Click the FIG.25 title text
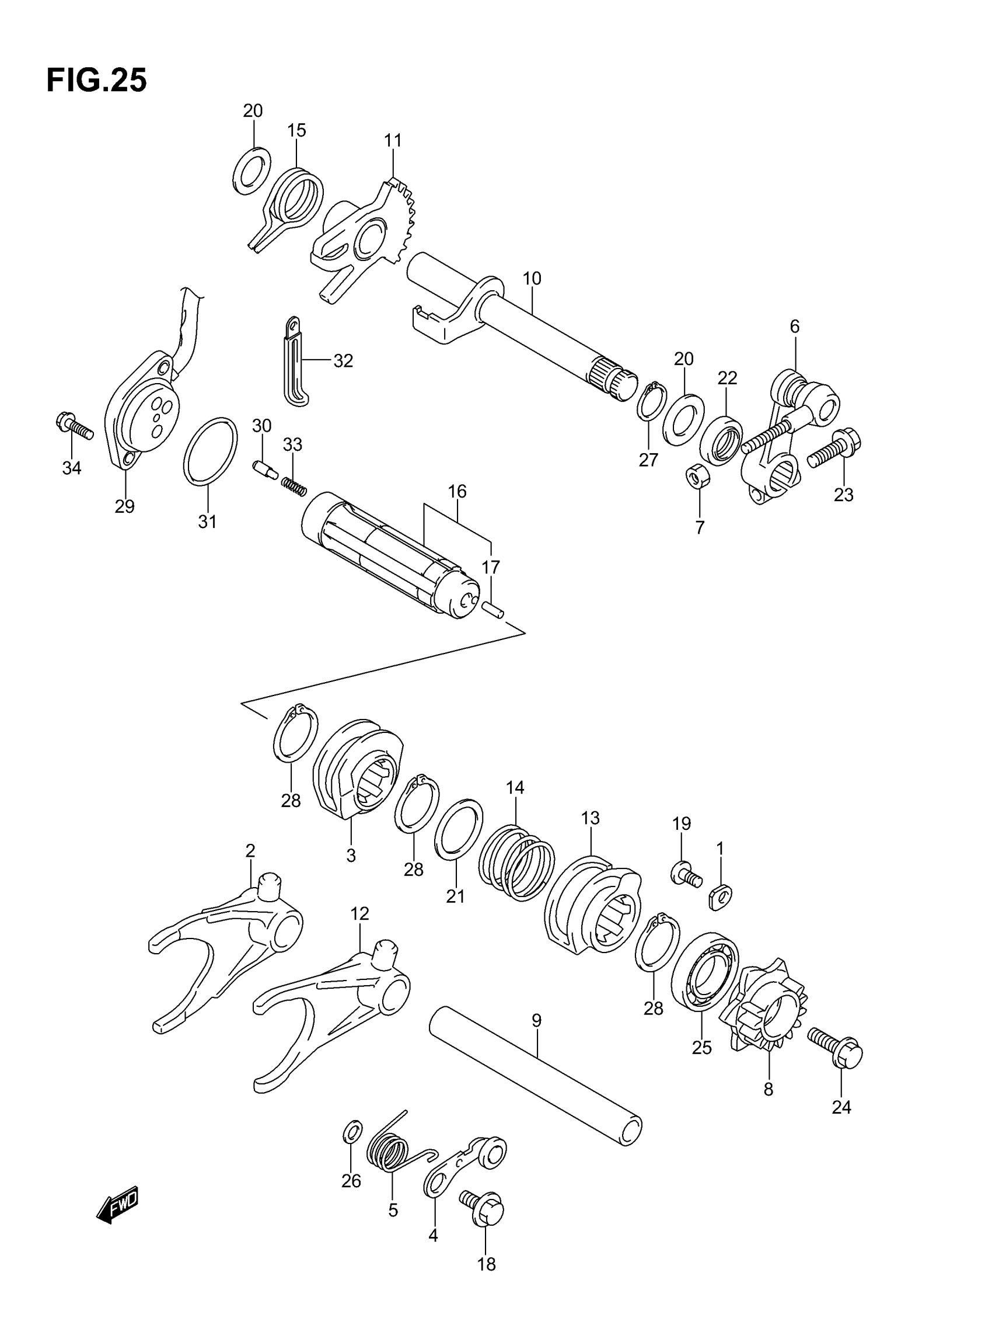click(x=96, y=81)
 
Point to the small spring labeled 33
click(x=294, y=486)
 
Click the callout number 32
click(x=343, y=361)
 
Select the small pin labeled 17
click(x=493, y=610)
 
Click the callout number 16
click(x=457, y=492)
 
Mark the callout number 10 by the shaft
click(x=531, y=279)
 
